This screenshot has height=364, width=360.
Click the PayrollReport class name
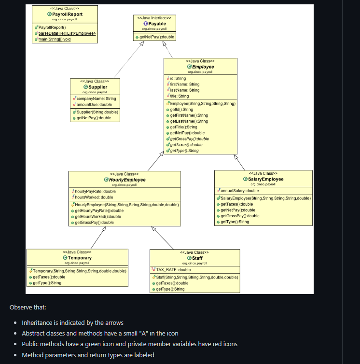click(x=67, y=14)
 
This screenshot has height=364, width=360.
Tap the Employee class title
click(x=203, y=67)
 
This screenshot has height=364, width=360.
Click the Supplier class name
click(x=97, y=87)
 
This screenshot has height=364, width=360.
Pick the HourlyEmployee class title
click(x=127, y=180)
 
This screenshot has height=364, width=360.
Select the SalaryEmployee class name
click(x=266, y=179)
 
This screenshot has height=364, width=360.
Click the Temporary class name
click(x=80, y=258)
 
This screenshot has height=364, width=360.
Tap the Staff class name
click(x=197, y=258)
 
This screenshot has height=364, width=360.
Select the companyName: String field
click(x=96, y=98)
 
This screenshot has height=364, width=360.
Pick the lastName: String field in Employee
click(x=185, y=90)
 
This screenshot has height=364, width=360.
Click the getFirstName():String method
click(x=189, y=115)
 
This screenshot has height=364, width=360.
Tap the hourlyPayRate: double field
click(x=95, y=191)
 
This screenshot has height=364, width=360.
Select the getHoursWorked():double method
click(x=99, y=216)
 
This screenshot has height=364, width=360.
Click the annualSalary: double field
click(x=240, y=191)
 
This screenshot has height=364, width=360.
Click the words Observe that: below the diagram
click(x=28, y=307)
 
